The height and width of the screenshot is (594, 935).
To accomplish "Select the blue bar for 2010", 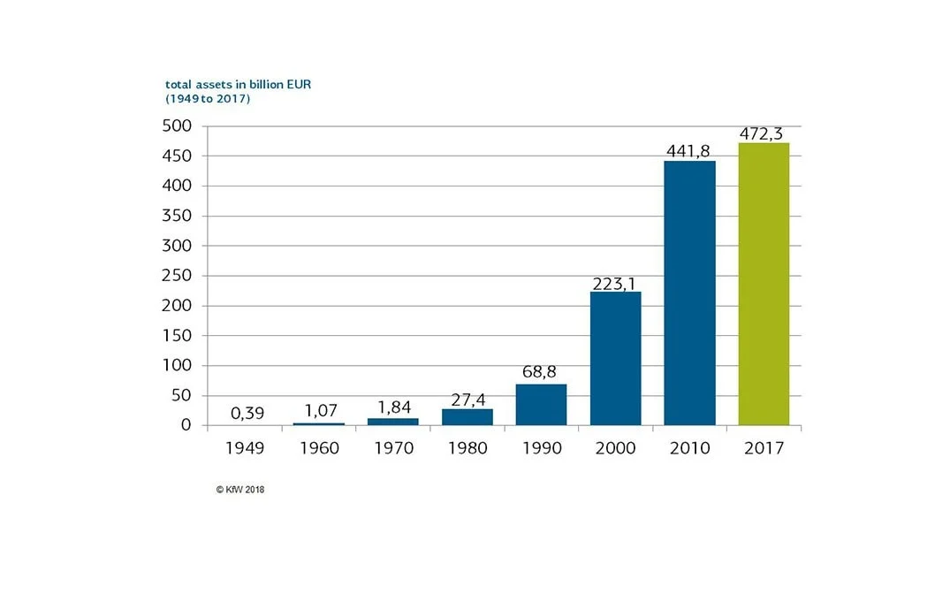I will click(x=689, y=293).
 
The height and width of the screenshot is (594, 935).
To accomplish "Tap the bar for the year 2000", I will click(x=615, y=358).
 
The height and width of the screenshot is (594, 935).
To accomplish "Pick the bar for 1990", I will click(x=541, y=404).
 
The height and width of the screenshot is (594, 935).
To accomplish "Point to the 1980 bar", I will click(x=467, y=416).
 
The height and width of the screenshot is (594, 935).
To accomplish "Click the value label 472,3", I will click(x=764, y=133).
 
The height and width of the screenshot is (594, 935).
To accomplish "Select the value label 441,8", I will click(x=689, y=151).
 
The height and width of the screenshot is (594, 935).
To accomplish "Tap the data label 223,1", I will click(x=615, y=282).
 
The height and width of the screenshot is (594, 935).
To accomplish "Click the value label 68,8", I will click(x=541, y=372).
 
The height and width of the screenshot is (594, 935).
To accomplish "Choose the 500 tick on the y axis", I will click(x=177, y=126).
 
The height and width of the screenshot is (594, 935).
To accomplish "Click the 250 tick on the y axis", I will click(x=177, y=276).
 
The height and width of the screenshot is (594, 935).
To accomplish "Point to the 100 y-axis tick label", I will click(x=177, y=366).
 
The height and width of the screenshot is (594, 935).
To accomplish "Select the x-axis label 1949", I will click(x=245, y=448).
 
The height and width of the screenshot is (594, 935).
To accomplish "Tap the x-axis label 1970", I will click(x=393, y=448).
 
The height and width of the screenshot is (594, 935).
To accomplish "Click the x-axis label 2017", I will click(x=764, y=448).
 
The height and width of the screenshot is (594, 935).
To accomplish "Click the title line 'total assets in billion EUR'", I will click(x=238, y=85).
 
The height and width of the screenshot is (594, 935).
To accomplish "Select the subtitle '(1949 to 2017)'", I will click(x=208, y=99).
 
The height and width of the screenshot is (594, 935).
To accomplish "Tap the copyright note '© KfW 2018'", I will click(x=239, y=489).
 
